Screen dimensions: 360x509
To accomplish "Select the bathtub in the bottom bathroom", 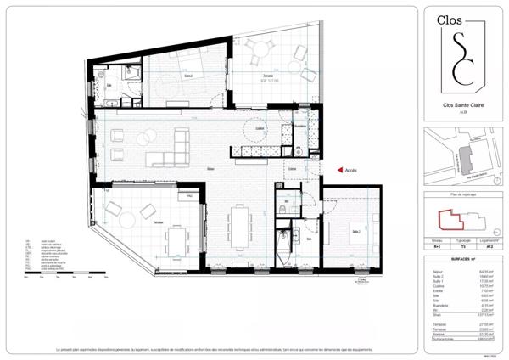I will (x=282, y=239).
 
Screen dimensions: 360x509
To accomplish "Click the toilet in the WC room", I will (x=280, y=210).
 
